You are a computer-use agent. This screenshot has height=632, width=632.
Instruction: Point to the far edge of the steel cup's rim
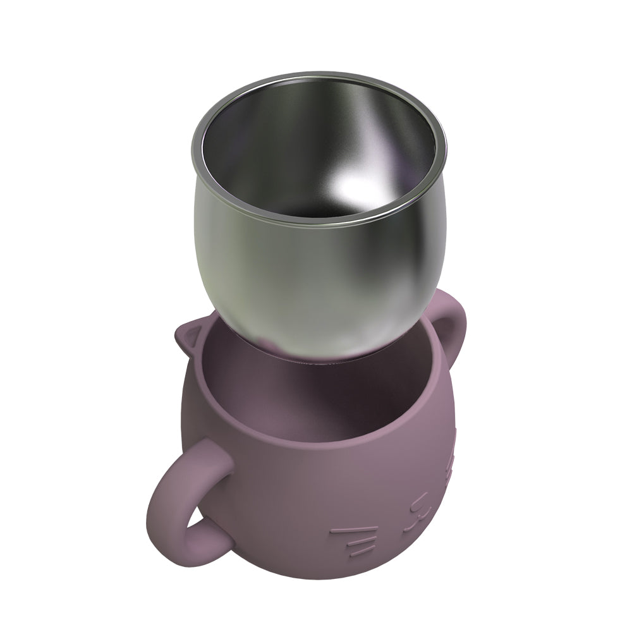316,78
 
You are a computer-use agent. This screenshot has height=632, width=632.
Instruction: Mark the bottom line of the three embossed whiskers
362,551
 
